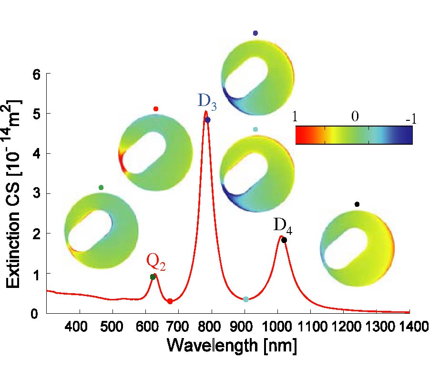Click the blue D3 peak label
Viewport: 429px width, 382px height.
207,101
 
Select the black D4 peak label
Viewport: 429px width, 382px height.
283,224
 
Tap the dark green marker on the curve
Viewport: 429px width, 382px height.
153,277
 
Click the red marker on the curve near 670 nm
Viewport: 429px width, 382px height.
170,301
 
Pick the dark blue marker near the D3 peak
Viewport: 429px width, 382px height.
207,120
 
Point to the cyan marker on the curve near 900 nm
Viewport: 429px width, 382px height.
245,299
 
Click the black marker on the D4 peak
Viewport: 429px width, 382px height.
284,240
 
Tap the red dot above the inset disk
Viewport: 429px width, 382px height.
155,109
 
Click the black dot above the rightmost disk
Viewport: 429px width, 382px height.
357,204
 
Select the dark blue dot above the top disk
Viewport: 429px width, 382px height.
255,33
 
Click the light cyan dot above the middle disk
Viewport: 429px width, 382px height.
255,129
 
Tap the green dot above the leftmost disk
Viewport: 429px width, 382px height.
101,188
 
